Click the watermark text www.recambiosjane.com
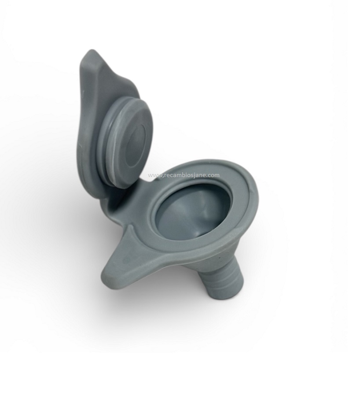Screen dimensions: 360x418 184,175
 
